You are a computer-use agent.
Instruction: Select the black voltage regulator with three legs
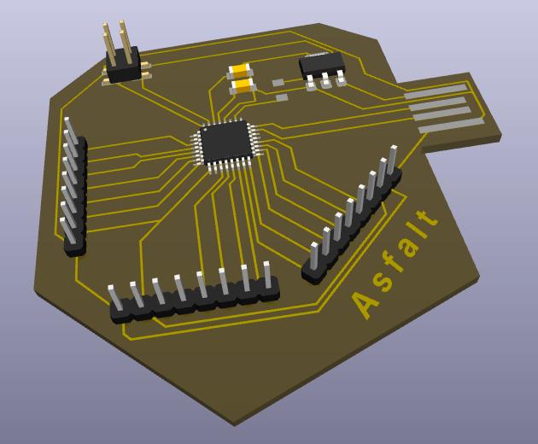(x=322, y=65)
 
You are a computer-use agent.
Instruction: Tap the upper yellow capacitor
(x=240, y=72)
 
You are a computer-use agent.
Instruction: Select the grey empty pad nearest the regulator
(x=278, y=83)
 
